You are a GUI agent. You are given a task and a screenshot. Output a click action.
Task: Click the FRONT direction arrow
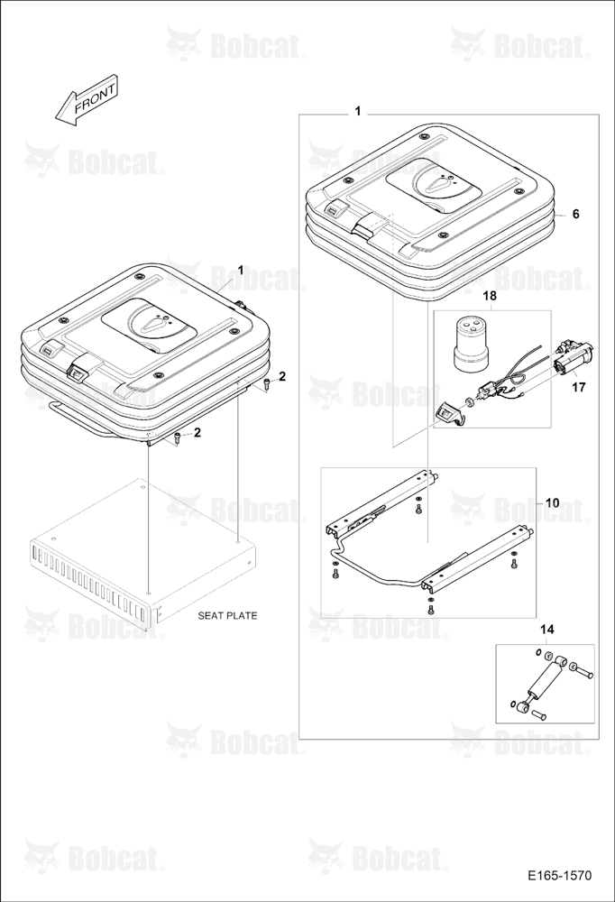(87, 101)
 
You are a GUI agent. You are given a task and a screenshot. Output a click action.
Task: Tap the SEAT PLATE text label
(227, 615)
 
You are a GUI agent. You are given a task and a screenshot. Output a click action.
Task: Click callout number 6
(575, 214)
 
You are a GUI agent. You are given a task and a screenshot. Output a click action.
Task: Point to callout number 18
(490, 296)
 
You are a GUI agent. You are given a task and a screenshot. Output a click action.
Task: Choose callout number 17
(579, 388)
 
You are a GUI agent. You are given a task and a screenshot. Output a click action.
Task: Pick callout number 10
(552, 502)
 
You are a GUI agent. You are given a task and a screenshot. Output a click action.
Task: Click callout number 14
(547, 630)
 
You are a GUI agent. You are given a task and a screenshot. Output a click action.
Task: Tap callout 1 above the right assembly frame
(358, 111)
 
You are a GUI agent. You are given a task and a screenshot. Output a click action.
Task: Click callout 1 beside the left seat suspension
(241, 270)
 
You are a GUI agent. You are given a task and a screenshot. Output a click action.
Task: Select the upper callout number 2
(282, 376)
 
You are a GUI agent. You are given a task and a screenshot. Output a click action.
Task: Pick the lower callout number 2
(197, 433)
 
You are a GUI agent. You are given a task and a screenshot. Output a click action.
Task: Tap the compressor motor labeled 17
(573, 357)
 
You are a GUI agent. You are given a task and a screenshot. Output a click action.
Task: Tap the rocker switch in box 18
(445, 415)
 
